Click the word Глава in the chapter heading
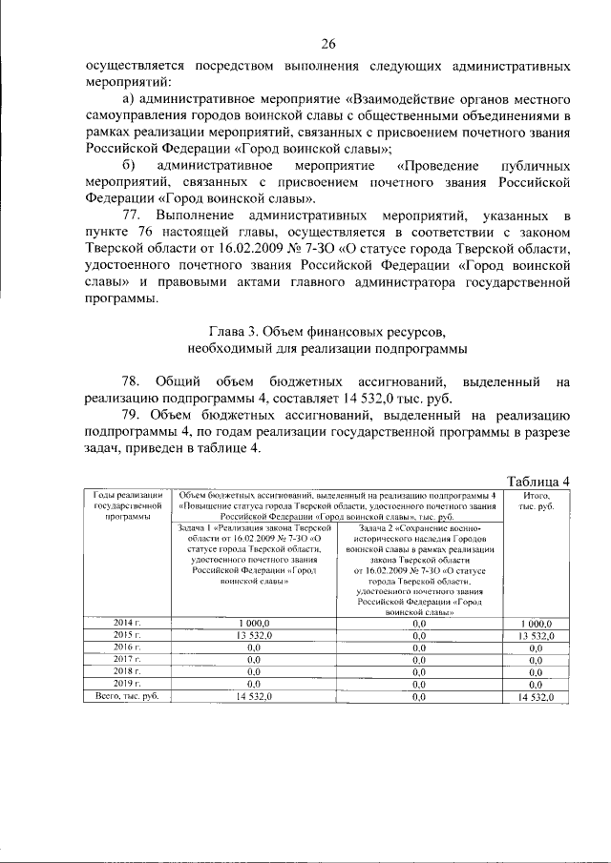coord(213,332)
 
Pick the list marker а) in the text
coord(132,98)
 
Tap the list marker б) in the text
coord(132,166)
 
